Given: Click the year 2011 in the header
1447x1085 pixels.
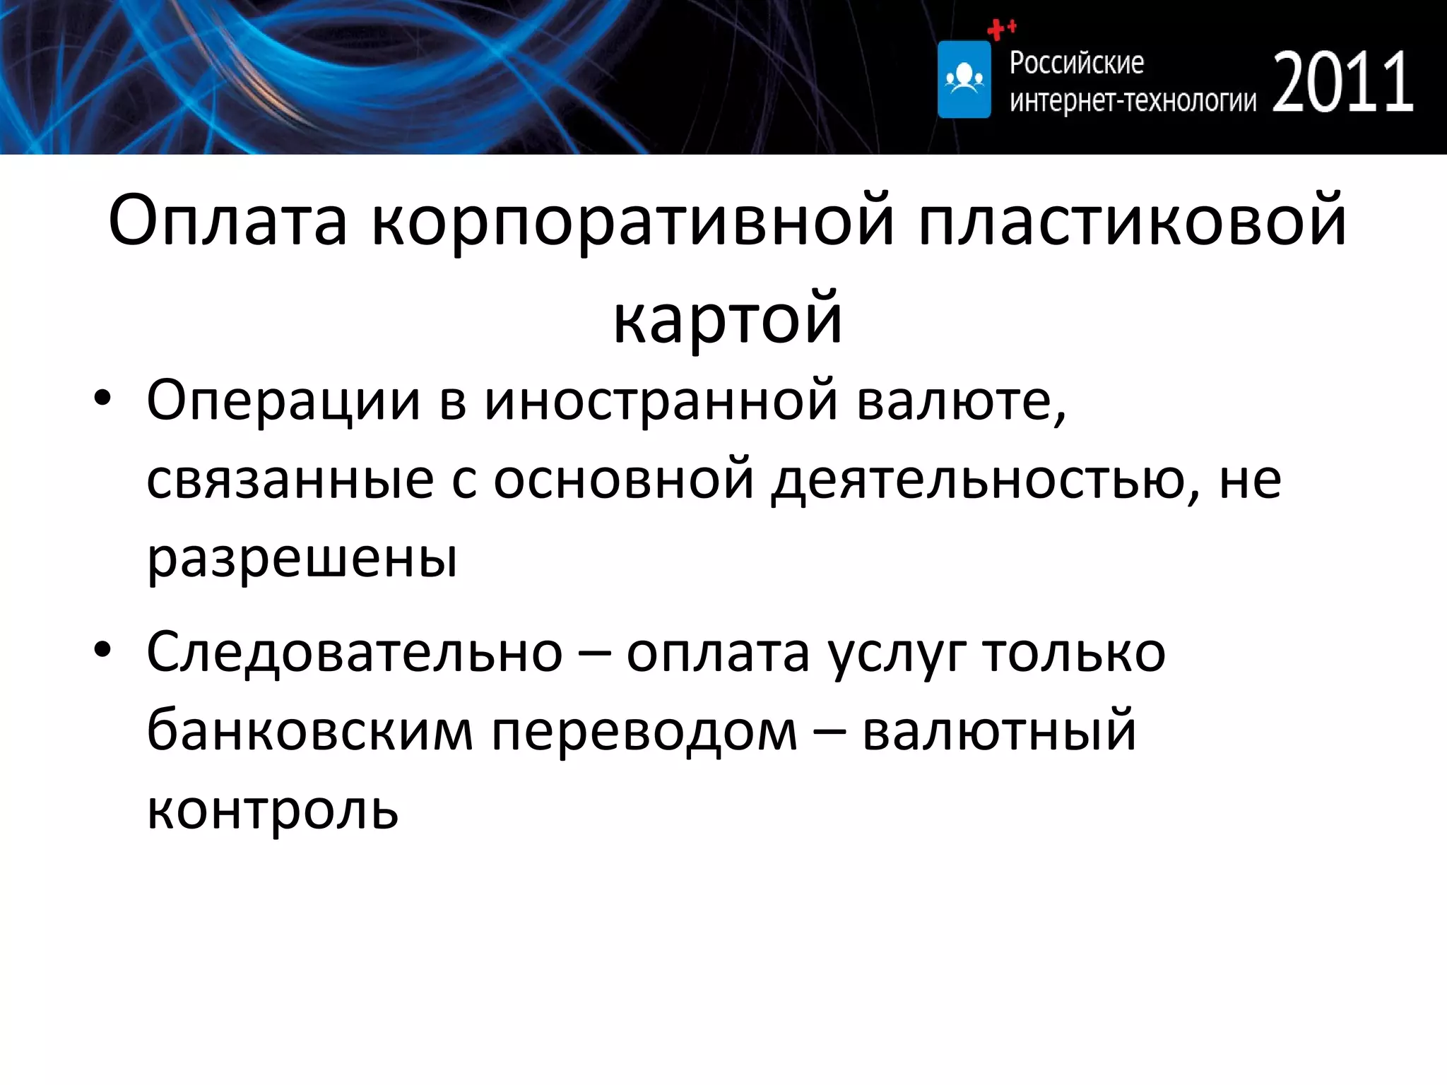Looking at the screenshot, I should [1342, 83].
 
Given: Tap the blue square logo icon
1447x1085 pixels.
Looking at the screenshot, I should [964, 79].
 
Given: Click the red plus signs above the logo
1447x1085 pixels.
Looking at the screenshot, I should [1001, 29].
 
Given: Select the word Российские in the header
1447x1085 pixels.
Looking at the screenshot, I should [1076, 63].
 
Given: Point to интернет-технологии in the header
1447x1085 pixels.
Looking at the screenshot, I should [1133, 102].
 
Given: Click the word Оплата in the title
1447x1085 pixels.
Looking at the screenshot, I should [228, 221].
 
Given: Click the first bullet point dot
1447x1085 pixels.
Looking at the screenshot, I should [102, 398].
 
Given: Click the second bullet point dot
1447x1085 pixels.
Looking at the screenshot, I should [102, 650].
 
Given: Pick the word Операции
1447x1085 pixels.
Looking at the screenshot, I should [283, 401].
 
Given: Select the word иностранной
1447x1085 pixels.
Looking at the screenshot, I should [661, 401].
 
